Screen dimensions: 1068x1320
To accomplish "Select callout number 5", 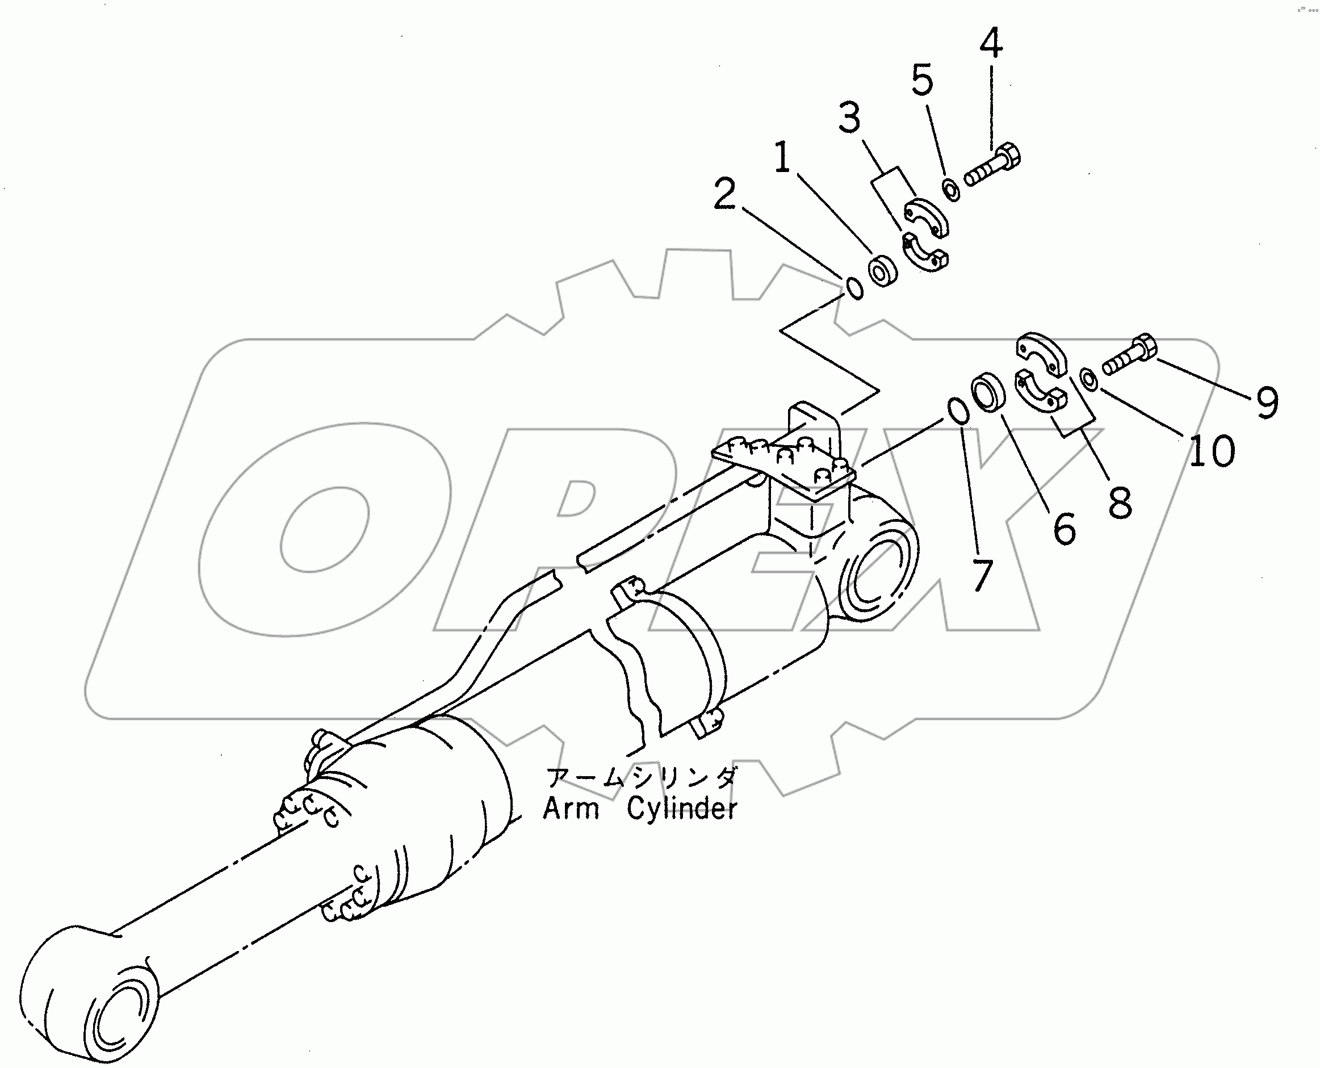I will coord(922,80).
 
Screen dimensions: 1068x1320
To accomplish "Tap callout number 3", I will coord(849,118).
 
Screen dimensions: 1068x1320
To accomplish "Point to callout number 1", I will coord(782,157).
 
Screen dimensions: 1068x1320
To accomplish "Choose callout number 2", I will coord(724,194).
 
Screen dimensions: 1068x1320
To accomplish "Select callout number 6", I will coord(1065,528).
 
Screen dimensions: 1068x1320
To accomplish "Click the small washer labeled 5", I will coord(951,190).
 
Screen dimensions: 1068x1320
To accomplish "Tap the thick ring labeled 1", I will coord(883,271).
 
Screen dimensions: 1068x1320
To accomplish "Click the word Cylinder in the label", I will coord(681,810).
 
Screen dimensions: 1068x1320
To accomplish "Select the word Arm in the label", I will coord(570,810).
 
